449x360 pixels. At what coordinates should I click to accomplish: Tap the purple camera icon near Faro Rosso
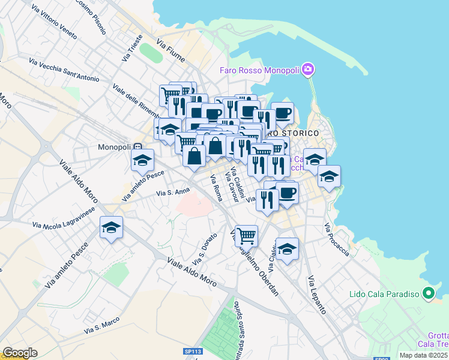click(x=308, y=70)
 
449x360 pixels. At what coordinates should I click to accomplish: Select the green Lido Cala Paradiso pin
click(x=428, y=294)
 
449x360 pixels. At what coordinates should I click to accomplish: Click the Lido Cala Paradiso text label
click(x=384, y=295)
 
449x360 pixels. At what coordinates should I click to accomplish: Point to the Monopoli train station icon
click(x=138, y=146)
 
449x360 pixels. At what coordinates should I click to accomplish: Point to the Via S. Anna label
click(x=173, y=193)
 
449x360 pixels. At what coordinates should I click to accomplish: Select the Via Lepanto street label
click(x=316, y=295)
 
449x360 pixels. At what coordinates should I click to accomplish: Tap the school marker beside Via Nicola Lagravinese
click(x=112, y=228)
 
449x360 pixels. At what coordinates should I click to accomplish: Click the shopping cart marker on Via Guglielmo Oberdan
click(x=246, y=236)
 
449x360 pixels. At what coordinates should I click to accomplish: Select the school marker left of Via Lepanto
click(x=287, y=249)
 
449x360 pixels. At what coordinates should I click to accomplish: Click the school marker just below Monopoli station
click(x=143, y=160)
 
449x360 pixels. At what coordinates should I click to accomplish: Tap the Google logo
click(x=20, y=353)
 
